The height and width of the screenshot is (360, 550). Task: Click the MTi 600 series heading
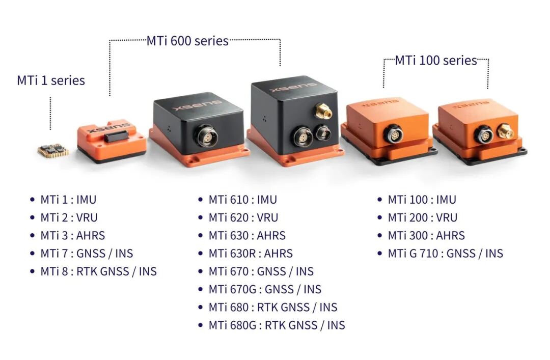187,41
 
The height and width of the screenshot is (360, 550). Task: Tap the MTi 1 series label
51,80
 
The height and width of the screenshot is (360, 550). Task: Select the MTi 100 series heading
436,61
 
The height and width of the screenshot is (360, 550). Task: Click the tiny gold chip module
53,151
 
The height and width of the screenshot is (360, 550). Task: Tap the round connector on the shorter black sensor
206,135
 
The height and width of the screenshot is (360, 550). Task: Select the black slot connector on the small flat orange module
116,136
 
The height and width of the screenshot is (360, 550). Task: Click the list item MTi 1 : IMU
68,200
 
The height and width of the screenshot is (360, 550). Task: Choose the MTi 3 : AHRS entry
73,235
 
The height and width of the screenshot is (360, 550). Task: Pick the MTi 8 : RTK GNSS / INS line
99,271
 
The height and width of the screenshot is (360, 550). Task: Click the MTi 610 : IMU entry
243,200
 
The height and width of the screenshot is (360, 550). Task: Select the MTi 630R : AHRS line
251,254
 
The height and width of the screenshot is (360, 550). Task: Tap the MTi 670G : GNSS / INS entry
265,289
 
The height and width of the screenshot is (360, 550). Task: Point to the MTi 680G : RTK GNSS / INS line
277,325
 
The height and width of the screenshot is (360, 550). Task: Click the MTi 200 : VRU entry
422,217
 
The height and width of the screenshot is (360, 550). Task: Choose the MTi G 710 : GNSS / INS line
446,254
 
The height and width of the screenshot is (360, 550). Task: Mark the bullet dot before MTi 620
200,217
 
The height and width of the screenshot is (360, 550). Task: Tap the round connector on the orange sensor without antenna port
393,133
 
